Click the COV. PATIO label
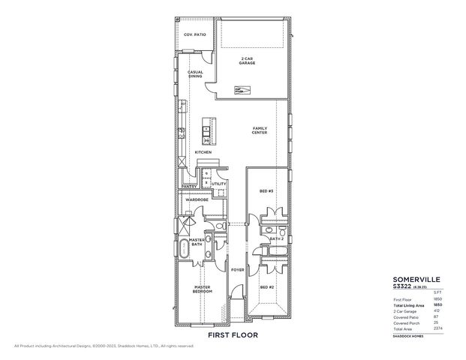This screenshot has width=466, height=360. click(195, 35)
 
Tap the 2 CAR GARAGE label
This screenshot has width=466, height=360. click(248, 61)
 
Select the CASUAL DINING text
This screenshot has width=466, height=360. click(195, 74)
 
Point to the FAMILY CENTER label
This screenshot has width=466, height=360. click(260, 130)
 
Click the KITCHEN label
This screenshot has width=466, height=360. click(203, 152)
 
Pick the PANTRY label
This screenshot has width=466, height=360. click(188, 186)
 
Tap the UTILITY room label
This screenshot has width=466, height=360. click(218, 183)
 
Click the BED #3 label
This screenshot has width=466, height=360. click(266, 192)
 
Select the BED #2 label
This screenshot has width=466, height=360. click(266, 287)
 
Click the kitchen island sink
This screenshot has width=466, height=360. click(206, 130)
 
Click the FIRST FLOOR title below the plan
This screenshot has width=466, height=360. click(233, 335)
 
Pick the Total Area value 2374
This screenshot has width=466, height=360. click(437, 328)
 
